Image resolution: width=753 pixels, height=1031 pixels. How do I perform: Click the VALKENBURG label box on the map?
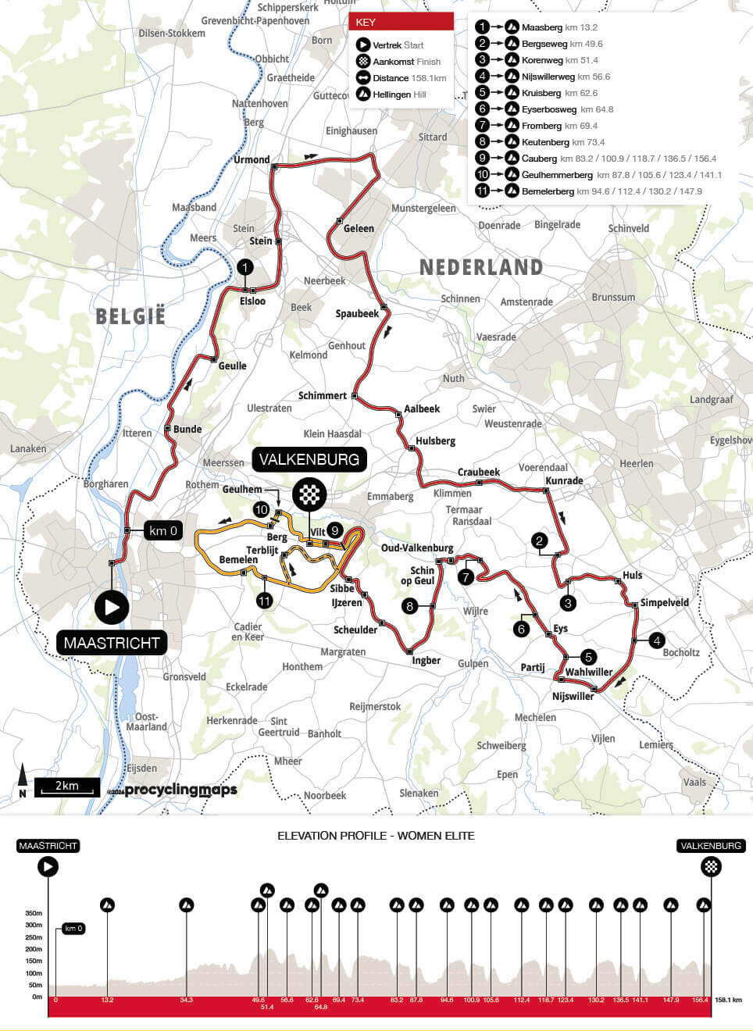[x=309, y=459]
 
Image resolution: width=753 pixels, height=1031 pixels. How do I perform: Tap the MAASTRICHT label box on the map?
[x=112, y=643]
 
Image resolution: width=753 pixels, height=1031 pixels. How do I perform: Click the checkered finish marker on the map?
[x=309, y=494]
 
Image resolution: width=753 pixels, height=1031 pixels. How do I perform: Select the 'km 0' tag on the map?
[x=163, y=530]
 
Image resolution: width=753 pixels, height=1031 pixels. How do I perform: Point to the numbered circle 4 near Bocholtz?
[x=657, y=640]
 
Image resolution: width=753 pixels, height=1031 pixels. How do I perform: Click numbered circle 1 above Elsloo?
[x=245, y=268]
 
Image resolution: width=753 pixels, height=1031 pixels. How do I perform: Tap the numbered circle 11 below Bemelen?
[x=265, y=601]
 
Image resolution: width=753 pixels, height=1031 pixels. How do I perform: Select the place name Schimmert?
[x=322, y=395]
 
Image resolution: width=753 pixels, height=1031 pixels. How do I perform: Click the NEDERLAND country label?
[x=481, y=267]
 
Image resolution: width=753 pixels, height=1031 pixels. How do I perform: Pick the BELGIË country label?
[x=130, y=316]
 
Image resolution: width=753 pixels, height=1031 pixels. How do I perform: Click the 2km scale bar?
[x=67, y=787]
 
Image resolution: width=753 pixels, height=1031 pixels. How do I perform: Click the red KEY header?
[x=401, y=22]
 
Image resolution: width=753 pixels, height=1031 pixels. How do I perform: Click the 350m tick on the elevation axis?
[x=34, y=913]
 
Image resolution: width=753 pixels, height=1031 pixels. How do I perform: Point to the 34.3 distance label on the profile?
[x=186, y=1000]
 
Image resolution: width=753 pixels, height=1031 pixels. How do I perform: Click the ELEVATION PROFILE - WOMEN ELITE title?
[x=376, y=836]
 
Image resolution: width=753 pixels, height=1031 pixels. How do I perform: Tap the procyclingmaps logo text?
[x=180, y=790]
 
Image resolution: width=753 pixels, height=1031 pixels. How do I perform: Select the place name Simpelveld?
[x=664, y=602]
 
